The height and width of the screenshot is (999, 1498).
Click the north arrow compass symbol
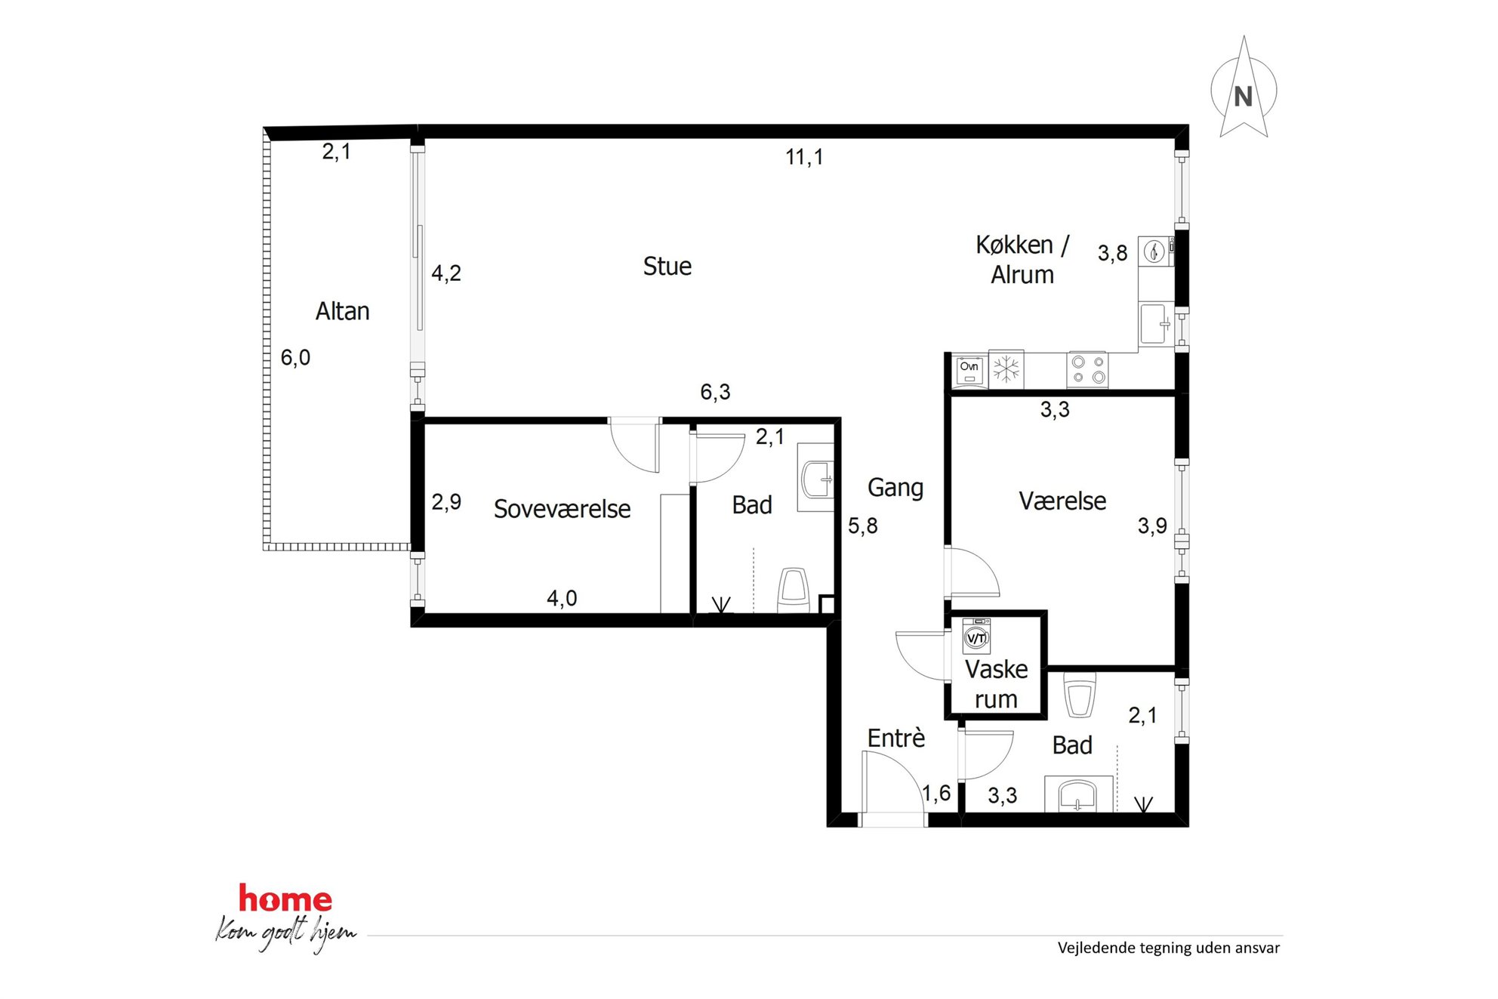point(1243,89)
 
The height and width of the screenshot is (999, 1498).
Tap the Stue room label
point(667,266)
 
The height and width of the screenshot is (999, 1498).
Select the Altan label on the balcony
point(342,311)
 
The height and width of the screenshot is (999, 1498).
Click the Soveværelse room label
point(562,509)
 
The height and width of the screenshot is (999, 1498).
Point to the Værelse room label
point(1062,501)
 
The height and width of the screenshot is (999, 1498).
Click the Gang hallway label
point(895,488)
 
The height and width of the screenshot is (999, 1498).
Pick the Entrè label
point(895,738)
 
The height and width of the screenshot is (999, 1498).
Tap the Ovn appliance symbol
point(969,371)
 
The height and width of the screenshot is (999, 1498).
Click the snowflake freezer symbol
point(1006,369)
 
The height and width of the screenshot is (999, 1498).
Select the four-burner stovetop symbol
point(1088,370)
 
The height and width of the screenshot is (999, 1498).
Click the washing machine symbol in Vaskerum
point(976,636)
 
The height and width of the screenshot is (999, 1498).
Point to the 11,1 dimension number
point(804,157)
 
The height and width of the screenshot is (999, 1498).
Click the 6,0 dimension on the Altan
point(295,358)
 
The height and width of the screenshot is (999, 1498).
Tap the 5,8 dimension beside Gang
point(862,526)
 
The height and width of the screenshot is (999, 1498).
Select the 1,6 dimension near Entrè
point(936,794)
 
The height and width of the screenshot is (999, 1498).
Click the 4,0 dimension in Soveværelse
point(562,599)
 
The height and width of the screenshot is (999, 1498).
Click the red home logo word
point(285,899)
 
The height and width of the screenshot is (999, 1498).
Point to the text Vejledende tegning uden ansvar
point(1168,948)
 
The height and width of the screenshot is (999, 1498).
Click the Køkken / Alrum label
point(1022,260)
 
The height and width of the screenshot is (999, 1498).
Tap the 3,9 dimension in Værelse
point(1152,526)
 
